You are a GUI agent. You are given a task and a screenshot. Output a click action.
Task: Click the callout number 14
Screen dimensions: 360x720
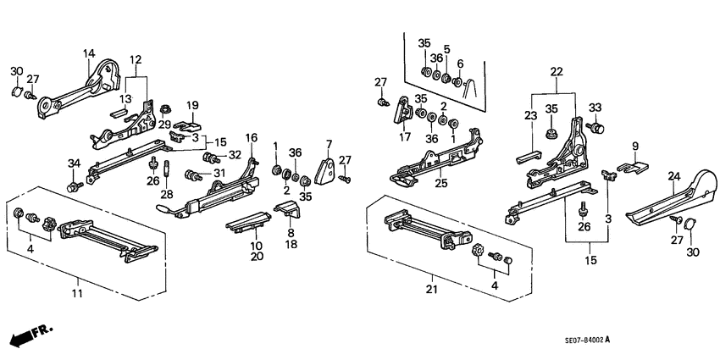pyautogui.click(x=88, y=54)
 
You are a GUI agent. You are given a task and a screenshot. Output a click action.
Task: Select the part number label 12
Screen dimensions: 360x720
pyautogui.click(x=136, y=60)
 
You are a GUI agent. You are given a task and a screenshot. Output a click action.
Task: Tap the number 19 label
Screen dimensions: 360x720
pyautogui.click(x=192, y=106)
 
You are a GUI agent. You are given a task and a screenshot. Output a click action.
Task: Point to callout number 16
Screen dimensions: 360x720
pyautogui.click(x=251, y=137)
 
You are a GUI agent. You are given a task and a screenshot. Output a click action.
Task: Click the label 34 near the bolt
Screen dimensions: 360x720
pyautogui.click(x=74, y=163)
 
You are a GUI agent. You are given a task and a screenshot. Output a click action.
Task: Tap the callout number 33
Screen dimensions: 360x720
pyautogui.click(x=595, y=108)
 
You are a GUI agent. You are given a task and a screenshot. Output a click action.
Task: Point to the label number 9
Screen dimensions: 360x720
pyautogui.click(x=634, y=145)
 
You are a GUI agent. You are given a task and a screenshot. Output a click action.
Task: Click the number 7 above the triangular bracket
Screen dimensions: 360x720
pyautogui.click(x=327, y=142)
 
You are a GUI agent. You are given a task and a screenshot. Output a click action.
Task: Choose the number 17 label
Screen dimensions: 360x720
pyautogui.click(x=407, y=136)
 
